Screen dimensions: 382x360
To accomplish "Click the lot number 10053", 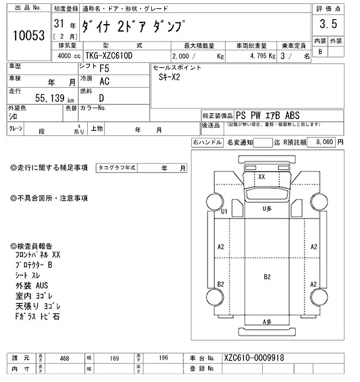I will pyautogui.click(x=28, y=35).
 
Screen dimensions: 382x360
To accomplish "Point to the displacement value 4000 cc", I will pyautogui.click(x=65, y=56).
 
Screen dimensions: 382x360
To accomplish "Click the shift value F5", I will pyautogui.click(x=104, y=70).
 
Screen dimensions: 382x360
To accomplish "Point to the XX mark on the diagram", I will pyautogui.click(x=262, y=176).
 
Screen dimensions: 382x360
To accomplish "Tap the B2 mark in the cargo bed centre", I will pyautogui.click(x=267, y=277).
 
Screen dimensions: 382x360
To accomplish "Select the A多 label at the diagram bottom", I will pyautogui.click(x=267, y=321).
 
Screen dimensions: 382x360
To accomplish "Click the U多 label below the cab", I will pyautogui.click(x=267, y=209).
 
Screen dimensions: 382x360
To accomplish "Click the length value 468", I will pyautogui.click(x=65, y=358).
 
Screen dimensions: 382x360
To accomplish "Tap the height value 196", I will pyautogui.click(x=163, y=358).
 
